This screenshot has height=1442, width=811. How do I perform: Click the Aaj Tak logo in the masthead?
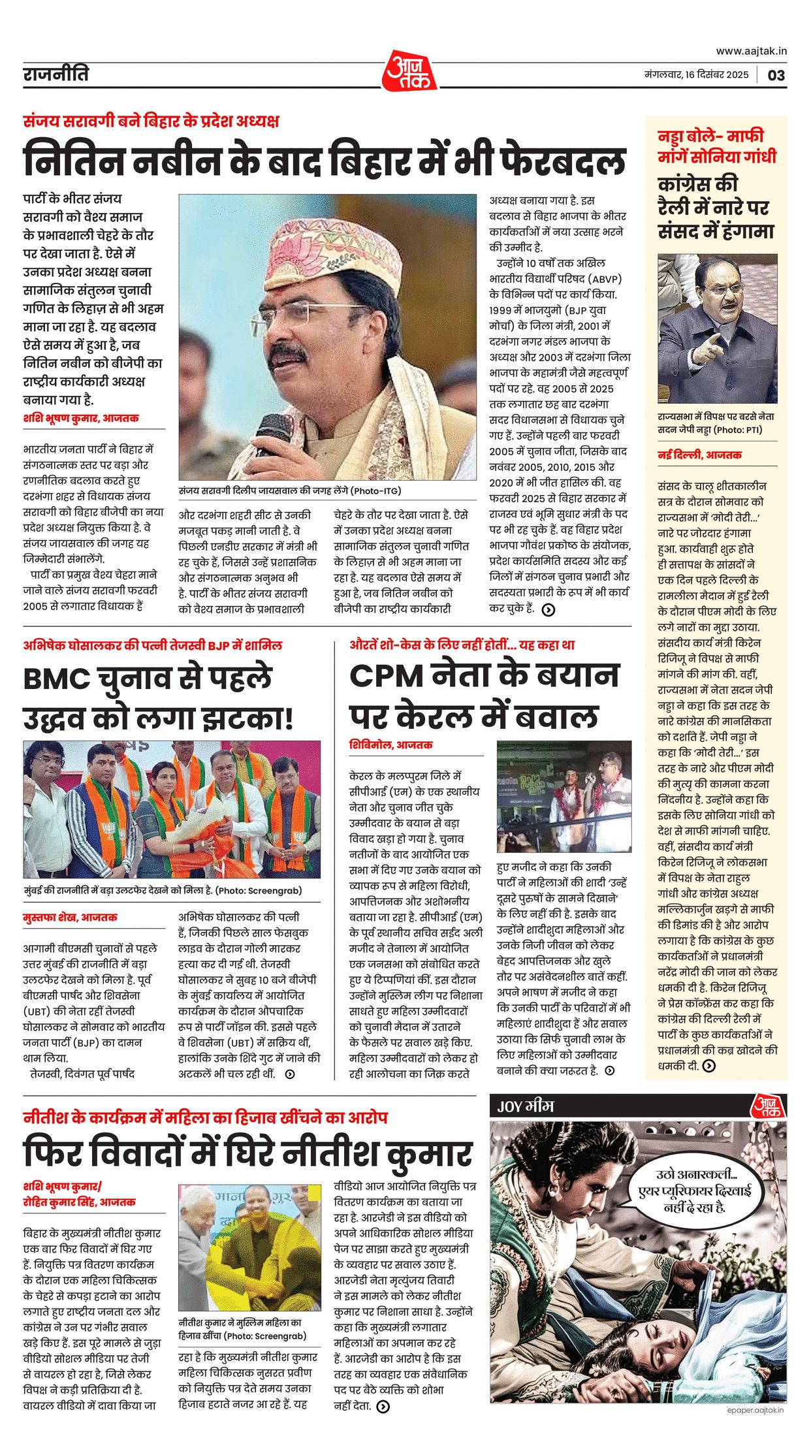[x=409, y=71]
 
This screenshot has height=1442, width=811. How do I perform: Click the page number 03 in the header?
[x=776, y=74]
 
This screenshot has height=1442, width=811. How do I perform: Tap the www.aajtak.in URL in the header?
[x=751, y=51]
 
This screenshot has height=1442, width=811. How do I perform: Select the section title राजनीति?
[x=56, y=74]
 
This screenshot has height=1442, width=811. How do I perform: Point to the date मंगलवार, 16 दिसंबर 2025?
[x=696, y=74]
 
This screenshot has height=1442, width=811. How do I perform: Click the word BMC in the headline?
[x=57, y=679]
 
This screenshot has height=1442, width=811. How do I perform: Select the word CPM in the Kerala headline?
[x=386, y=675]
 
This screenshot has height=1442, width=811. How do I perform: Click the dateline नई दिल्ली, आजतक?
[x=699, y=455]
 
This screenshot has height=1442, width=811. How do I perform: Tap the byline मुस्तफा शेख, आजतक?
[x=71, y=917]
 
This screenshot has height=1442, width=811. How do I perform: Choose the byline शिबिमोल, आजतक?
[x=390, y=745]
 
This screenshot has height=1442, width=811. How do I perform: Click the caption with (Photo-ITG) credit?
[x=290, y=490]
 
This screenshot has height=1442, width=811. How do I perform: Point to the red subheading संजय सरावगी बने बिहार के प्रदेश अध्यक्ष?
[x=151, y=121]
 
